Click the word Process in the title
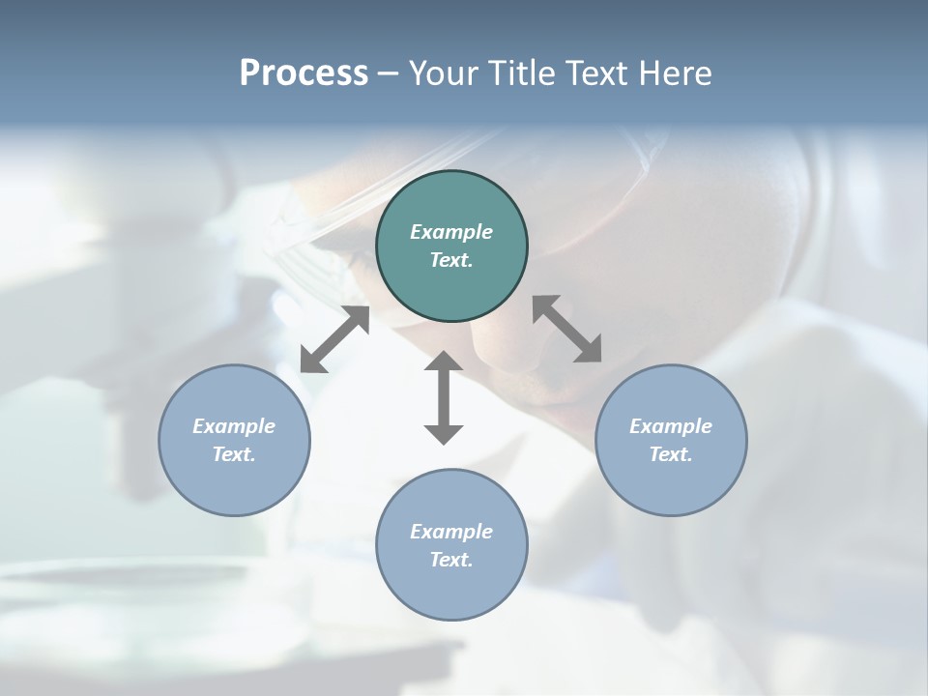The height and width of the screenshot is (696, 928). pos(304,73)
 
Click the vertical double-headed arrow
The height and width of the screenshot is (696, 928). pos(444,397)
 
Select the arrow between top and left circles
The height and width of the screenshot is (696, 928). pos(335,339)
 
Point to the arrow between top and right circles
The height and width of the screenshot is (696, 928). pos(566,329)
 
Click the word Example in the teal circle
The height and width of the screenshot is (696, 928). pos(451,232)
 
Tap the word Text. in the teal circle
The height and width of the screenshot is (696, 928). pos(451,260)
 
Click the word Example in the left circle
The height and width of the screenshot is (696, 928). pos(234,426)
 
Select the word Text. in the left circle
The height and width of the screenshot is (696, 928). pos(234,454)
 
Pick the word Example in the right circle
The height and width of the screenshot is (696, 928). pos(671,426)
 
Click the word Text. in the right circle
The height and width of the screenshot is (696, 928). pos(671,454)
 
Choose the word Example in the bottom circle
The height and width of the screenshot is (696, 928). pos(451,532)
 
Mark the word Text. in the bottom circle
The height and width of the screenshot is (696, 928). pos(451,560)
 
